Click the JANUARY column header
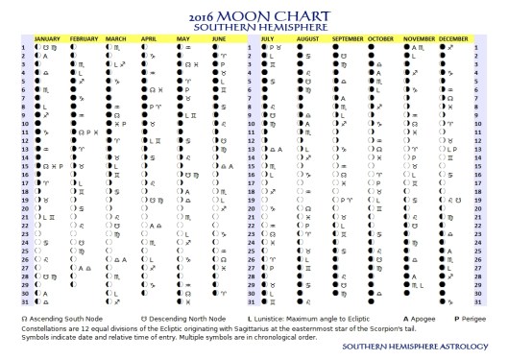pos(48,39)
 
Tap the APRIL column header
pos(149,39)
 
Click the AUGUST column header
pos(306,39)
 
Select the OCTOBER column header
pos(381,39)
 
